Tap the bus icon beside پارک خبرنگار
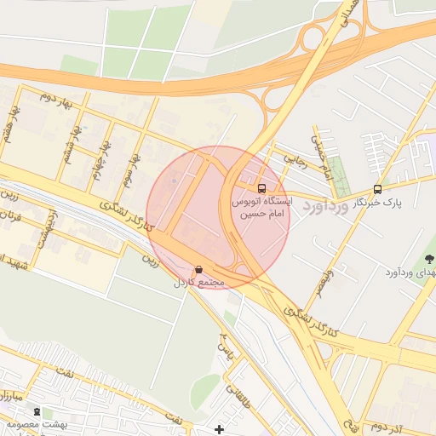point(377,189)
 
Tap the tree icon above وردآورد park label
point(428,258)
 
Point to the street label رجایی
point(292,158)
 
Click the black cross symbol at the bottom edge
point(220,429)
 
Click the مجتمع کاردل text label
point(198,282)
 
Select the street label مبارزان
point(9,397)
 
